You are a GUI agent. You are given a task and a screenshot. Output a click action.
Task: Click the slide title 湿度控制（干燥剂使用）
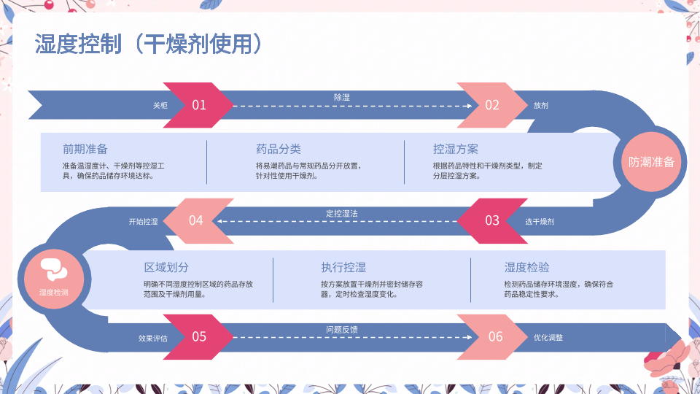point(148,45)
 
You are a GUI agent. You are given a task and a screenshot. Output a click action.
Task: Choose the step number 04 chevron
point(195,220)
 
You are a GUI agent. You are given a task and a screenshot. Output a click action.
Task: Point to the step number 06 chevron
point(495,336)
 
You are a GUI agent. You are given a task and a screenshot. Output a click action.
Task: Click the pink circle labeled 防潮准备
point(651,162)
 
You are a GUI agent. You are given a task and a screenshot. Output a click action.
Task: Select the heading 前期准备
point(85,149)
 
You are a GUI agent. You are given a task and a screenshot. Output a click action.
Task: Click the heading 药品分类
point(279,149)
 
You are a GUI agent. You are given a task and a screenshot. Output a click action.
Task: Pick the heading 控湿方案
point(456,149)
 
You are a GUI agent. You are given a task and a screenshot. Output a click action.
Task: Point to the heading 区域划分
point(166,268)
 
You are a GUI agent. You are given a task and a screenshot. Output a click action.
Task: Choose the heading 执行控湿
point(343,268)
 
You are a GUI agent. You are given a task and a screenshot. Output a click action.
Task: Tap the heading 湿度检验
point(527,268)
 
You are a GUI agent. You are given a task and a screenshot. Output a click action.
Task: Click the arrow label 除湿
point(342,97)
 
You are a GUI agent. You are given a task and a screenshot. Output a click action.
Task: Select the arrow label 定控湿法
point(342,213)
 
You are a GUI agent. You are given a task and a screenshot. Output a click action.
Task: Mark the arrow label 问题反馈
point(342,330)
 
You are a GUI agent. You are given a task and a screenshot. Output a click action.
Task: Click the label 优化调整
point(548,338)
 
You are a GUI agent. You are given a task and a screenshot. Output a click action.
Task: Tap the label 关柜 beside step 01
point(160,106)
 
